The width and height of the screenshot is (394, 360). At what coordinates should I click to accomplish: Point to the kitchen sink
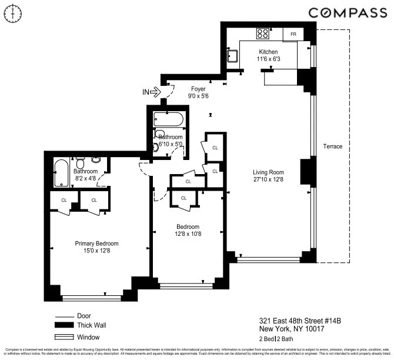pos(232,58)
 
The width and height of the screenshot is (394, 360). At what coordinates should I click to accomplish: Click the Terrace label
pos(332,146)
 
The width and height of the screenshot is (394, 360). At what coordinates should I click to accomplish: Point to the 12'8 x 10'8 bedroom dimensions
pos(188,234)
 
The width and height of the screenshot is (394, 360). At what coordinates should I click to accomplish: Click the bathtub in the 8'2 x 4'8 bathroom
pos(61,174)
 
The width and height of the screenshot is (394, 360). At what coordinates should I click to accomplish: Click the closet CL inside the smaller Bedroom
pos(183,198)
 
